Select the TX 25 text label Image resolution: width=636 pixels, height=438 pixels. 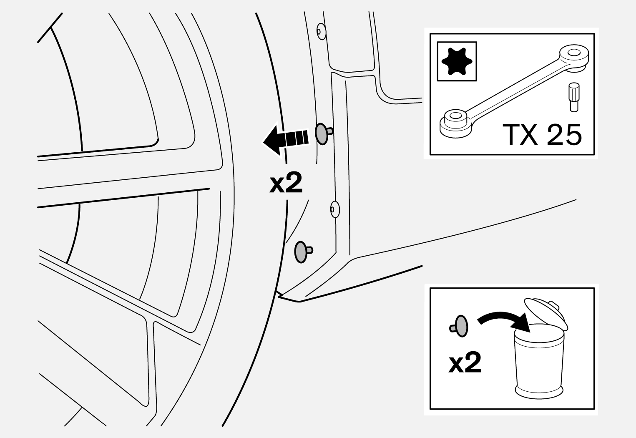point(543,135)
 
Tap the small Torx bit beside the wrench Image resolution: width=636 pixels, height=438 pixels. point(574,97)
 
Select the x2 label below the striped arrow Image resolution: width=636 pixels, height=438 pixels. point(285,184)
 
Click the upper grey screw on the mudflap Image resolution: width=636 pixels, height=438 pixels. point(322,133)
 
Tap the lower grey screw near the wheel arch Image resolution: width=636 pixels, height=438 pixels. point(302,252)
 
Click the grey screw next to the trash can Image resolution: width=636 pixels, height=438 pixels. point(460,325)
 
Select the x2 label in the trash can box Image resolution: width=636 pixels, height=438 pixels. point(465,363)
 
